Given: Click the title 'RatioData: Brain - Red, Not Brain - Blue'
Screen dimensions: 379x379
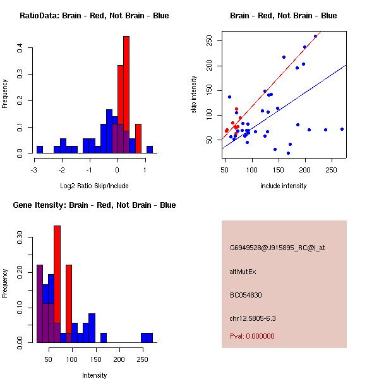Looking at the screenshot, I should pos(93,16).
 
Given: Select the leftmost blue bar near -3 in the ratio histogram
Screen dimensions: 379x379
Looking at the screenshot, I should pos(39,150).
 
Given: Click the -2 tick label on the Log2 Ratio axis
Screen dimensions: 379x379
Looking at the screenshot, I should pos(61,170).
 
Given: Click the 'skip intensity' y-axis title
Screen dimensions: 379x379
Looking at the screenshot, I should pos(194,95).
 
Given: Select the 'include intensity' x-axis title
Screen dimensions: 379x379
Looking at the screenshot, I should pos(284,186).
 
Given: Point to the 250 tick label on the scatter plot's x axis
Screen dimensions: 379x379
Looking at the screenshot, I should pos(333,170).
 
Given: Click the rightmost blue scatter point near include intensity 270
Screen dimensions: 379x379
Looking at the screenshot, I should pos(342,129).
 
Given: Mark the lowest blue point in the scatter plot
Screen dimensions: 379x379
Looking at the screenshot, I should pos(288,153).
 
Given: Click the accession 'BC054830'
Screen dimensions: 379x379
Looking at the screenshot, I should pos(246,294).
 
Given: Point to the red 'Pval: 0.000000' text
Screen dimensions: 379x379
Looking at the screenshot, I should pos(252,337).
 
